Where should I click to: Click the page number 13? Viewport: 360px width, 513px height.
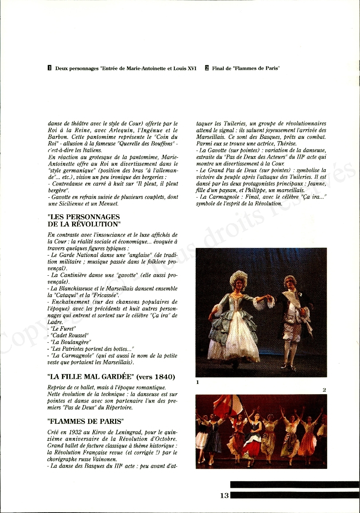[x=224, y=495]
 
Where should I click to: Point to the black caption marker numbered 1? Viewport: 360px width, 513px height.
[x=50, y=68]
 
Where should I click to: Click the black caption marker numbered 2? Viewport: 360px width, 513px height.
[x=207, y=68]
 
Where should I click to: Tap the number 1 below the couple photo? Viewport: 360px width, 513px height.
[x=197, y=382]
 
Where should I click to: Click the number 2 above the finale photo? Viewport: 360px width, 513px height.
[x=324, y=390]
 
